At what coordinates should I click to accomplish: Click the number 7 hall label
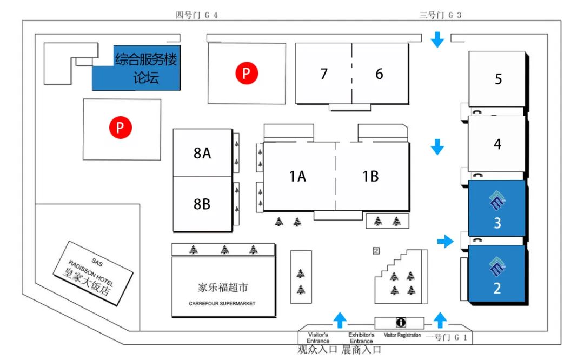324,74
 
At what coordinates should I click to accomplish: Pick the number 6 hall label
379,74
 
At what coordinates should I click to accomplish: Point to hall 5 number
498,79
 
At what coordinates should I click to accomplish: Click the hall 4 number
497,144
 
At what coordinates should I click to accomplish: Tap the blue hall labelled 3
497,208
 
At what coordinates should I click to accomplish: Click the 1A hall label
297,176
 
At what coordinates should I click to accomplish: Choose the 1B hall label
370,176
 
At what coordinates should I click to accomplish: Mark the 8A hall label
202,153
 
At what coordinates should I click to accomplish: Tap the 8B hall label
202,204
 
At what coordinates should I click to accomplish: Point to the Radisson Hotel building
93,273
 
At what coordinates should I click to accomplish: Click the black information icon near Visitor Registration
401,322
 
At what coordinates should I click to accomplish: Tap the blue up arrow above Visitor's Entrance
340,319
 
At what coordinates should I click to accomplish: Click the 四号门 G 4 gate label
197,15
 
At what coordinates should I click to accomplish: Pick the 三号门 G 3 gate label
440,15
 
